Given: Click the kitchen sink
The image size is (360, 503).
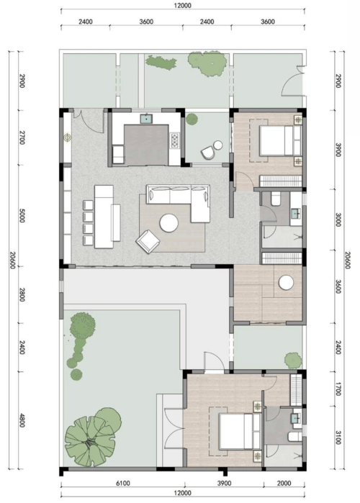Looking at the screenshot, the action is [x=146, y=118].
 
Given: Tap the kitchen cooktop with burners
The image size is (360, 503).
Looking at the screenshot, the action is [x=175, y=141].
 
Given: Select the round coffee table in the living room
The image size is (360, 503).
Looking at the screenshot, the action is [x=168, y=223].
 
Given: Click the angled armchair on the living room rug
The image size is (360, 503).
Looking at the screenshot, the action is [x=148, y=241].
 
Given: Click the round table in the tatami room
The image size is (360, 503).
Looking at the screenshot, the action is [x=286, y=283].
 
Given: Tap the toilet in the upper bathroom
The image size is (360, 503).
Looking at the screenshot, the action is [x=276, y=199].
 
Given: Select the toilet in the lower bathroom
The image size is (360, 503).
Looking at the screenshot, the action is [x=295, y=437].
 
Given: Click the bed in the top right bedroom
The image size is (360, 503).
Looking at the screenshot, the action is [x=280, y=140].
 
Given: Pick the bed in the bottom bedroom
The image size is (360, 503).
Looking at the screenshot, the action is [x=240, y=431].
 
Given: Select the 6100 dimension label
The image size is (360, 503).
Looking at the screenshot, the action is [x=122, y=483].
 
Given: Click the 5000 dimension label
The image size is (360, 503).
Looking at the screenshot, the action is [x=22, y=215].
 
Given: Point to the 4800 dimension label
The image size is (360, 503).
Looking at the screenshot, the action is [x=22, y=420].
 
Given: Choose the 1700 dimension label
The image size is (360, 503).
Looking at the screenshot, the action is [x=338, y=389].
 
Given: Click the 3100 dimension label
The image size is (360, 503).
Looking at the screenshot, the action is [x=338, y=438].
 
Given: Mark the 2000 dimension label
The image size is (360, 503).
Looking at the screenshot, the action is [x=284, y=483].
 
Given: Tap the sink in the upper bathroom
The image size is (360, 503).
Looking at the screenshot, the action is [x=295, y=213].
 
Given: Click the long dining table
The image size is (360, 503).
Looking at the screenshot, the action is [x=104, y=217].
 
